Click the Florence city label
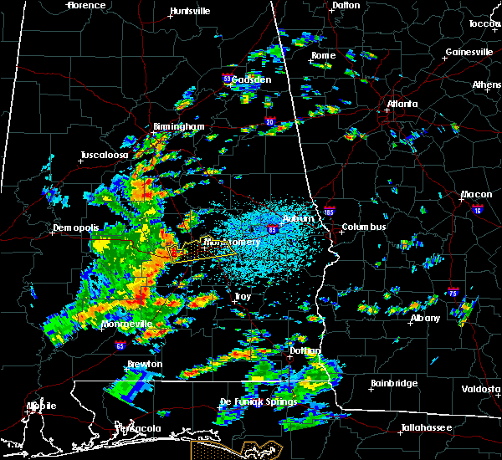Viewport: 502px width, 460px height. (x=87, y=5)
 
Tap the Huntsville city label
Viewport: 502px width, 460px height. (x=190, y=12)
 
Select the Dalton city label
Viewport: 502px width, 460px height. (x=346, y=5)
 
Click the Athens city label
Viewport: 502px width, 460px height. (x=487, y=84)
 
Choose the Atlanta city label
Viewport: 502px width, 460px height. (x=402, y=105)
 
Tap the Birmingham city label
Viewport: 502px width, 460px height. (x=178, y=127)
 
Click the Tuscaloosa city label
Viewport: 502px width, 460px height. (x=105, y=156)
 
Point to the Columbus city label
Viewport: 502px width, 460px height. (x=363, y=227)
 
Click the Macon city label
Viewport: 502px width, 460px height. (x=476, y=195)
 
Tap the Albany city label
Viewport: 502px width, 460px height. (x=425, y=319)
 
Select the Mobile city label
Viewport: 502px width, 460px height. (x=41, y=406)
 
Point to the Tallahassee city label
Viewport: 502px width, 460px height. (x=426, y=427)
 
